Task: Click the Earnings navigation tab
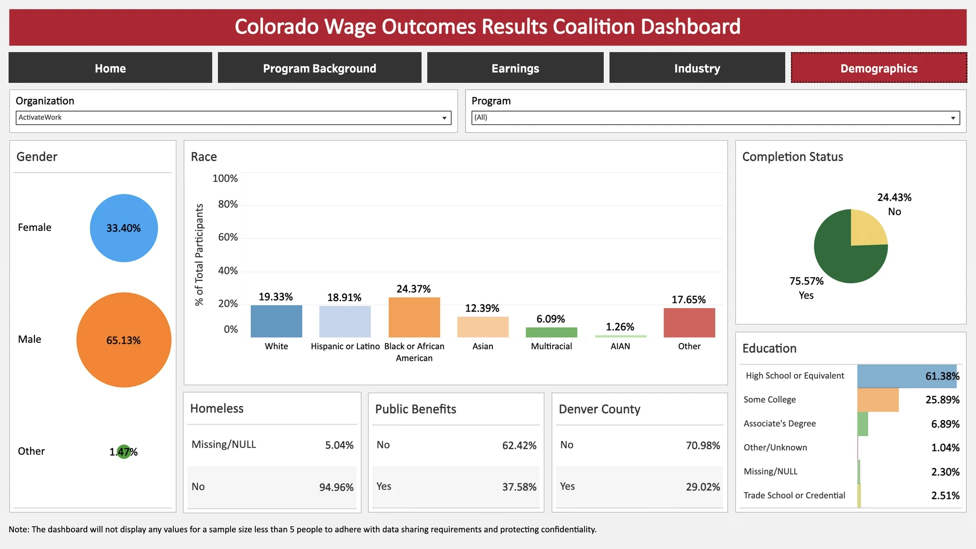click(515, 68)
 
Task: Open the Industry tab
click(697, 68)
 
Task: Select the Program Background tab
click(319, 68)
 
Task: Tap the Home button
click(110, 68)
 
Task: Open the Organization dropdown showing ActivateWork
click(233, 117)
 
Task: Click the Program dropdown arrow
click(953, 118)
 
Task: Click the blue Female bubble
click(123, 228)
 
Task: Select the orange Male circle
click(123, 340)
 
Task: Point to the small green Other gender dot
click(124, 451)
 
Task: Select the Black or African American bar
click(414, 317)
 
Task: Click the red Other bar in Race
click(689, 322)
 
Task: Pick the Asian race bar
click(483, 327)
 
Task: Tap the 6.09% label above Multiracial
click(550, 319)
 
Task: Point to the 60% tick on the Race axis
click(228, 237)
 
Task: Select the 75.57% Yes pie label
click(806, 288)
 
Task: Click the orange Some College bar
click(878, 400)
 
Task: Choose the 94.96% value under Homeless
click(336, 487)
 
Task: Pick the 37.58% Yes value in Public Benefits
click(519, 487)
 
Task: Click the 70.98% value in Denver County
click(703, 445)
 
